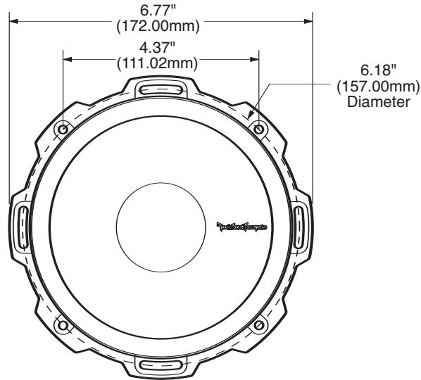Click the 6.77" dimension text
click(161, 11)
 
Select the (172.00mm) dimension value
click(161, 27)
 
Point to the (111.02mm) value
click(161, 64)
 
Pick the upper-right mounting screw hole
click(258, 130)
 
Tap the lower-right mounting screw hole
click(258, 325)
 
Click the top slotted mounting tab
click(161, 89)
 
